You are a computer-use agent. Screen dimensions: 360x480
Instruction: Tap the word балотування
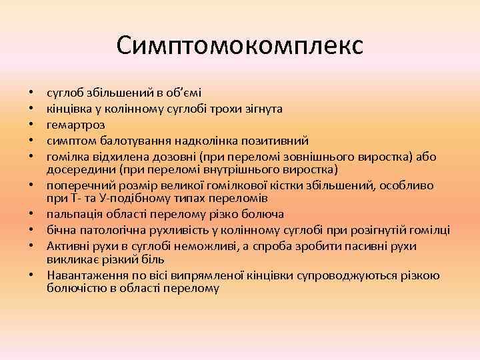point(126,141)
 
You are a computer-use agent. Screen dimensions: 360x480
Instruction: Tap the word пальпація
point(74,215)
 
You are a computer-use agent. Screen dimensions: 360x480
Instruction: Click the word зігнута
point(265,107)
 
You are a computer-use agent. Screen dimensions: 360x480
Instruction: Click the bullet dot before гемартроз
point(31,125)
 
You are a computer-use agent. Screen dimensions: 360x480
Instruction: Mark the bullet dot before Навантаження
point(31,277)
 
